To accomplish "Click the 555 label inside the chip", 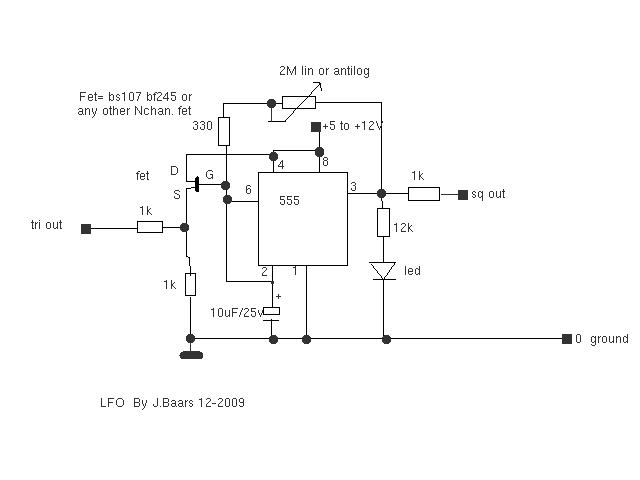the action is coord(289,200).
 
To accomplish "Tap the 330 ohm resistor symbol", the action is coord(224,131).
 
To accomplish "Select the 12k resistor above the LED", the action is coord(383,222).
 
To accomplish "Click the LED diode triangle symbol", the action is coord(383,271).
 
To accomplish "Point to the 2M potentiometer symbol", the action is coord(299,102).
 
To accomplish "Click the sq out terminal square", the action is coord(462,195).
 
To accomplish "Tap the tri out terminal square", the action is coord(86,229).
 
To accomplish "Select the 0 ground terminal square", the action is coord(567,339).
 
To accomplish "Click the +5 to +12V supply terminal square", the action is coord(316,127).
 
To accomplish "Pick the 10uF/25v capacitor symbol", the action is coord(271,314).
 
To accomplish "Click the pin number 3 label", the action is coord(353,187).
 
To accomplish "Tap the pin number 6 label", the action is coord(248,189).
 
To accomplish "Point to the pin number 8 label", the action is coord(325,162).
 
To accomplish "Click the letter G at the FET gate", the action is coord(209,175).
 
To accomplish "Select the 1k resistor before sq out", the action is coord(424,194).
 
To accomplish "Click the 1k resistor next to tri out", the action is coord(150,227).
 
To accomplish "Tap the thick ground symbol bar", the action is coord(191,356).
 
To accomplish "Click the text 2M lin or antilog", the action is coord(324,71).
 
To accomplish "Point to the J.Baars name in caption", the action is coord(173,403).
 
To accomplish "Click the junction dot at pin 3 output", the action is coord(381,193).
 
